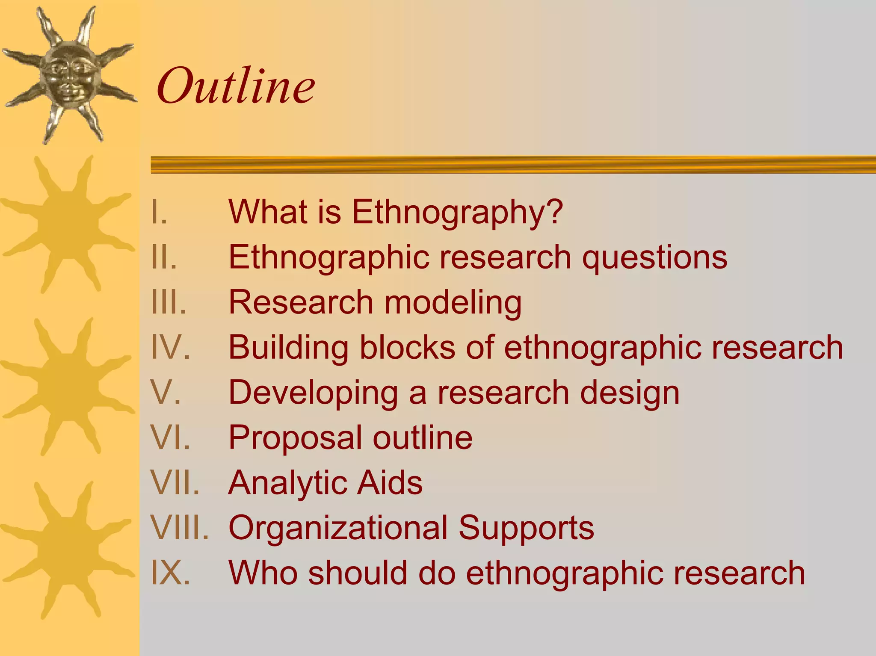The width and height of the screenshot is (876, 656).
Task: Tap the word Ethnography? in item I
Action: (x=457, y=212)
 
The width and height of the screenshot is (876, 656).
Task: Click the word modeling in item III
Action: (x=453, y=303)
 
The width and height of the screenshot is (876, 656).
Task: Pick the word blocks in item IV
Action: (x=407, y=348)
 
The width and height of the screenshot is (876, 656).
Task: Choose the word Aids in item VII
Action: (x=390, y=483)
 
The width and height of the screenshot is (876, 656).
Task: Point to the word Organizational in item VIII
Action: (x=338, y=528)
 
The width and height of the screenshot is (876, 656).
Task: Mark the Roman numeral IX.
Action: (x=170, y=573)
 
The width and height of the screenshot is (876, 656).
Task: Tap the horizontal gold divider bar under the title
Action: (x=513, y=165)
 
